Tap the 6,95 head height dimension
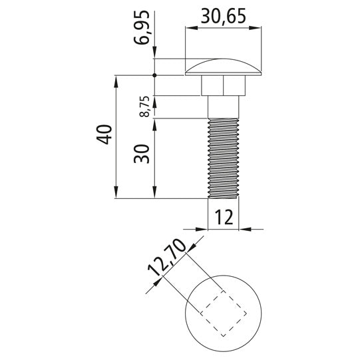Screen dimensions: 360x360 click(142, 31)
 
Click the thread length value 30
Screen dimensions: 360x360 click(141, 156)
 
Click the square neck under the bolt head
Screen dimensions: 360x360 click(223, 85)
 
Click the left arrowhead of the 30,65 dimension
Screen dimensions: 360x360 click(190, 27)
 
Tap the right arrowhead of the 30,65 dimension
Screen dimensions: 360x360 click(256, 27)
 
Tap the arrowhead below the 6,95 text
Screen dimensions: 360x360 click(154, 55)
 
